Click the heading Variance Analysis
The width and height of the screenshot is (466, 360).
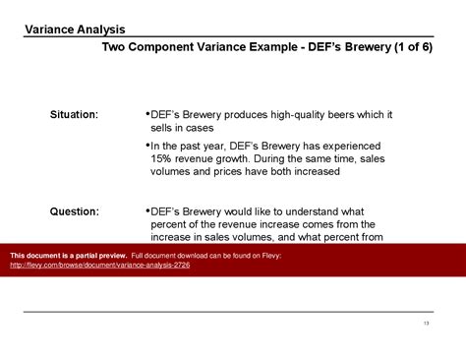point(75,30)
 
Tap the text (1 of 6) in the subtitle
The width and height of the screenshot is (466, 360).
point(413,47)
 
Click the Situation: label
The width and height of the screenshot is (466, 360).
point(74,114)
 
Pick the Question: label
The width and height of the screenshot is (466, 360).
point(75,211)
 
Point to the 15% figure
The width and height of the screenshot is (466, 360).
point(161,158)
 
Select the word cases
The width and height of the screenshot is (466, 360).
point(200,128)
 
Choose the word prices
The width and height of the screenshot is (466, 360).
point(228,172)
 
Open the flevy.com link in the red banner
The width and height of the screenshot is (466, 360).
point(100,265)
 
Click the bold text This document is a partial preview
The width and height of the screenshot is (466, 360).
point(69,256)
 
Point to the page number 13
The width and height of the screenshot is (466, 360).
point(426,324)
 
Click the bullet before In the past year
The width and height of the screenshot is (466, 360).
point(147,145)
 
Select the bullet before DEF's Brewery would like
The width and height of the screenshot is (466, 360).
point(147,210)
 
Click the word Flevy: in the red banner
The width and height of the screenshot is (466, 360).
point(271,256)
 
